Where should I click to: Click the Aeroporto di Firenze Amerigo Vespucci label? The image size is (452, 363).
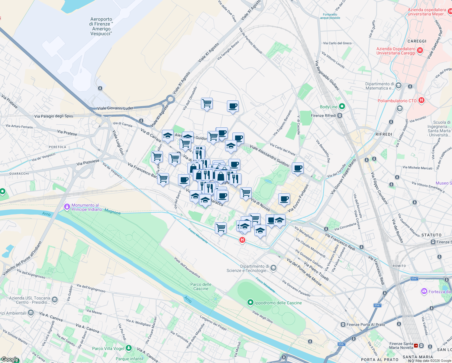coord(101,26)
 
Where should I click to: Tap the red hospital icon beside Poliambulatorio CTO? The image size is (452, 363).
coord(421,100)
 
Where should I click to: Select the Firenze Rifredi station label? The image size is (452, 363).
coord(324,116)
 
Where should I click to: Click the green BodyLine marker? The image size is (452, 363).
coord(342,106)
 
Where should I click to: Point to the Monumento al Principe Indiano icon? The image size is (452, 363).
coord(67,207)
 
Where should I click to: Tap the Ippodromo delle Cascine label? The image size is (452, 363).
coord(278,303)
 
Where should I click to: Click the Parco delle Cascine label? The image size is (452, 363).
coord(201,286)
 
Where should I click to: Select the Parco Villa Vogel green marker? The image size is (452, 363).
coord(129,348)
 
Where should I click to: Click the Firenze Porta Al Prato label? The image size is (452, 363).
coord(366,325)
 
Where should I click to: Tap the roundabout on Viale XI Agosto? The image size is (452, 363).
coord(171,99)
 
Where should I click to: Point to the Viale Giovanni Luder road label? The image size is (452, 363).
coord(115,108)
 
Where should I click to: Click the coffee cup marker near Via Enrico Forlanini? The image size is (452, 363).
coord(284,199)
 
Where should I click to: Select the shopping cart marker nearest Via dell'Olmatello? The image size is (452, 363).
coord(207,103)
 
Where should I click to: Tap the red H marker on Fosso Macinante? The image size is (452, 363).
coord(242,240)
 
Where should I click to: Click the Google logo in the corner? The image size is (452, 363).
coord(10,360)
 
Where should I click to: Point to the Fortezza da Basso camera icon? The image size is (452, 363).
coord(424,291)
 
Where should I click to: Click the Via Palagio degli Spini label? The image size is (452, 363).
coord(54,116)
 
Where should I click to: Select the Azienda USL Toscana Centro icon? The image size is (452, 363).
coord(55,299)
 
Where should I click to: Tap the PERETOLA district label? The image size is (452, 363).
coord(57,147)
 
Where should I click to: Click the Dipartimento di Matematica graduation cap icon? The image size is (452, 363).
coord(398,86)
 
